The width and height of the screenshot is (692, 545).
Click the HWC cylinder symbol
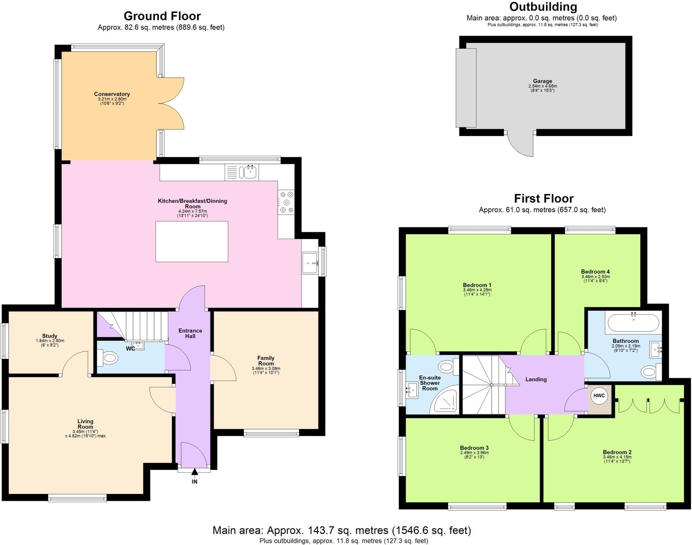(x=599, y=396)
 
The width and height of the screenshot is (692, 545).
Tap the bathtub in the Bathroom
(x=633, y=323)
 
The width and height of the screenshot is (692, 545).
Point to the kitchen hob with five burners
(x=286, y=202)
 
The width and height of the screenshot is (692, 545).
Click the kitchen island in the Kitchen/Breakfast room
(x=192, y=241)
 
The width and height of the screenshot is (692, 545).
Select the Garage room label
(x=542, y=81)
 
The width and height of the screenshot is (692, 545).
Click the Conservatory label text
(x=112, y=94)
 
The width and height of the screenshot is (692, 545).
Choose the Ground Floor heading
(x=162, y=16)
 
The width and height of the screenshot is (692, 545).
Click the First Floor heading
(x=544, y=198)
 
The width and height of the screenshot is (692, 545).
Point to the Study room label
(x=50, y=336)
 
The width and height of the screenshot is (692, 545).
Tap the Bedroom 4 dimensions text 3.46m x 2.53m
(x=595, y=277)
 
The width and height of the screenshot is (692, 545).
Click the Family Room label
(x=266, y=361)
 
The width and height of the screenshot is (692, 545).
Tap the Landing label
(x=536, y=379)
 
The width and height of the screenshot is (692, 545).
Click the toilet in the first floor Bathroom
(x=650, y=373)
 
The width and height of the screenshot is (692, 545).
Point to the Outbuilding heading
(x=543, y=7)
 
